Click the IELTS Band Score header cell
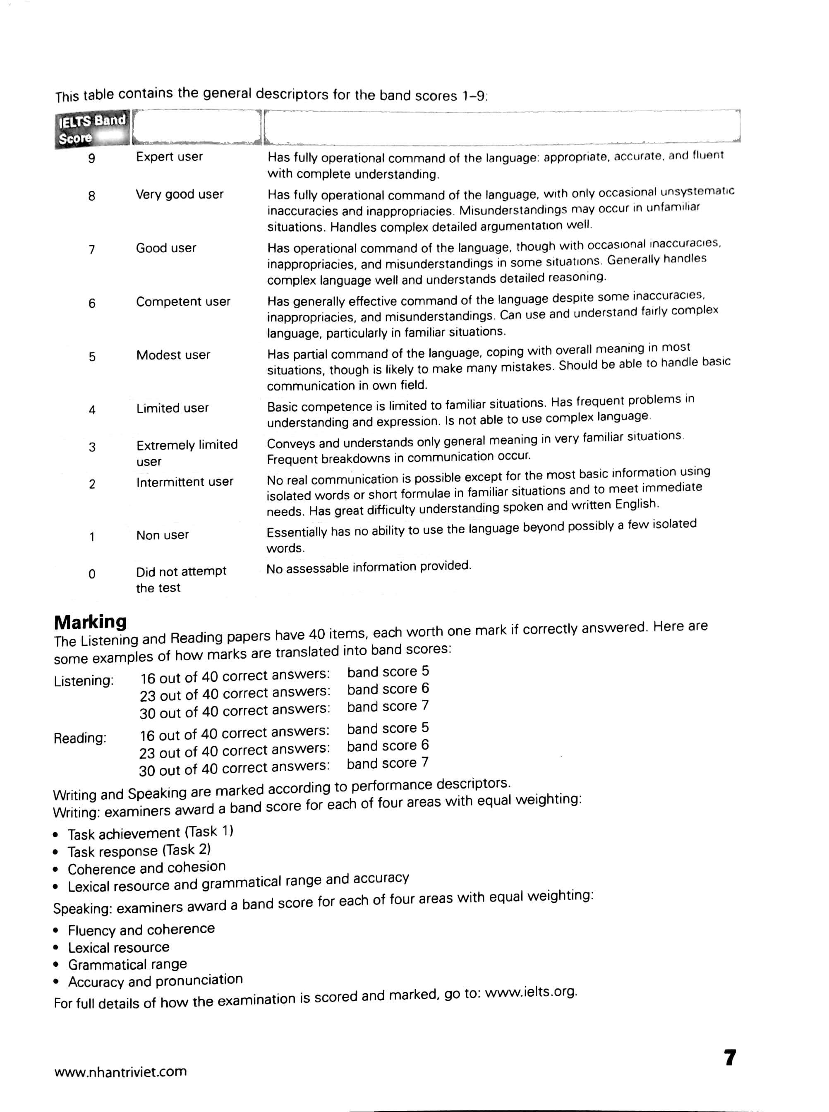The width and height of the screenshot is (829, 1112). pyautogui.click(x=92, y=129)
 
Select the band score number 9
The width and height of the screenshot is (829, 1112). pyautogui.click(x=91, y=158)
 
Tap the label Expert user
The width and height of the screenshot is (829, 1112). pyautogui.click(x=169, y=156)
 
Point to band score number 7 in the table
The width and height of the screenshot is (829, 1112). pyautogui.click(x=92, y=249)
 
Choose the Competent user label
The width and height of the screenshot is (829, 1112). pyautogui.click(x=183, y=302)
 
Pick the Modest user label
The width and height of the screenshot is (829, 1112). pyautogui.click(x=173, y=355)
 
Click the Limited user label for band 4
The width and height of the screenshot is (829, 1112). pyautogui.click(x=172, y=408)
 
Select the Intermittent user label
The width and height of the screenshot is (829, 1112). pyautogui.click(x=184, y=482)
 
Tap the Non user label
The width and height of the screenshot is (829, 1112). pyautogui.click(x=162, y=535)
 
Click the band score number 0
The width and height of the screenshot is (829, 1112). pyautogui.click(x=92, y=573)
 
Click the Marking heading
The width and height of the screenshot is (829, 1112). pyautogui.click(x=90, y=622)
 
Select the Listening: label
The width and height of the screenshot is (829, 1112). pyautogui.click(x=84, y=681)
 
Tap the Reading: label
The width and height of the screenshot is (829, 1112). pyautogui.click(x=80, y=738)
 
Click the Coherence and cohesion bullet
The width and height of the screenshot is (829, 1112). pyautogui.click(x=146, y=868)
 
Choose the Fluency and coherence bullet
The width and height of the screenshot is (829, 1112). pyautogui.click(x=141, y=930)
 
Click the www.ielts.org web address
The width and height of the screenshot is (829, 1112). pyautogui.click(x=531, y=992)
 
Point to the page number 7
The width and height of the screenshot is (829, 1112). pyautogui.click(x=730, y=1057)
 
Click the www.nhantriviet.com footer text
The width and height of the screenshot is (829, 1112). pyautogui.click(x=120, y=1072)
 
